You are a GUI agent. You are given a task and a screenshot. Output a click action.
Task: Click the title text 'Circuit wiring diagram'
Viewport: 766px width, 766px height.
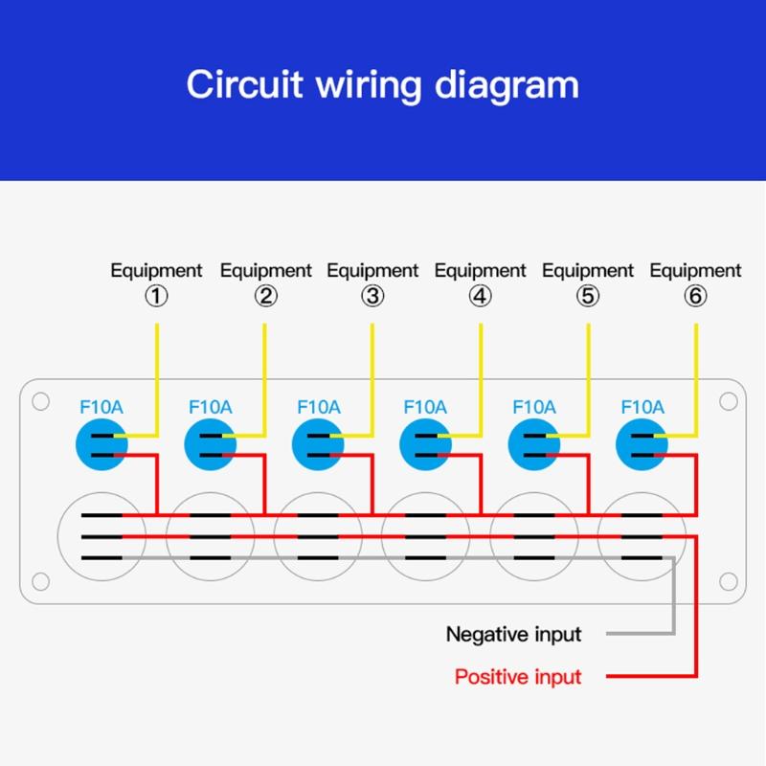tap(382, 84)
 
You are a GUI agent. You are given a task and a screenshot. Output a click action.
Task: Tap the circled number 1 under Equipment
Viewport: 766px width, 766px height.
tap(156, 296)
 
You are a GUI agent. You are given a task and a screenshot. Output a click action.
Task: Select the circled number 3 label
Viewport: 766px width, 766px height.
tap(372, 296)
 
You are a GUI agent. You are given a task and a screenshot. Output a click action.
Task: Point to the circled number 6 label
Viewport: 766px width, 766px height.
tap(695, 296)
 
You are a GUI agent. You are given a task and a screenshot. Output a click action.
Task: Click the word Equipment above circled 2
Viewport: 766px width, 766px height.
tap(265, 271)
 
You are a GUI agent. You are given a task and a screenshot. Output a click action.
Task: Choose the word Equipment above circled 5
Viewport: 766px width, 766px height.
tap(588, 271)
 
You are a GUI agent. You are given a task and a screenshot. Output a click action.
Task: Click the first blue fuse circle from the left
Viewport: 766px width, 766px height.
tap(101, 444)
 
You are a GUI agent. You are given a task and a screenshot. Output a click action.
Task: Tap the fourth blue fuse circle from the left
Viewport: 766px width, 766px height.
tap(425, 444)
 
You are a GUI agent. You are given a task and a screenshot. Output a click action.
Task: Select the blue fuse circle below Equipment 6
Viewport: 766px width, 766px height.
tap(642, 444)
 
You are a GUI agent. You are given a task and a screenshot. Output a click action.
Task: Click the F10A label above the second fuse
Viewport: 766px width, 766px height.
tap(210, 407)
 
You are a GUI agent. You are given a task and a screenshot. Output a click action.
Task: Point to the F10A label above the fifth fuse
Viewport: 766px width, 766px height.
tap(534, 407)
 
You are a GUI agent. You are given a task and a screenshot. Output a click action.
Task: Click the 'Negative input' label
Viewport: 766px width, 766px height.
tap(513, 634)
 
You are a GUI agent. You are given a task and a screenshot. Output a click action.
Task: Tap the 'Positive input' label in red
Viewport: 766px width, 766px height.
tap(517, 677)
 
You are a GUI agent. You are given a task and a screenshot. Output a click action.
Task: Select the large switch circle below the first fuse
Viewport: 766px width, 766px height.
tap(101, 536)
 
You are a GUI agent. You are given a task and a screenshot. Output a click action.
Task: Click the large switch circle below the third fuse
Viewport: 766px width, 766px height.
tap(317, 536)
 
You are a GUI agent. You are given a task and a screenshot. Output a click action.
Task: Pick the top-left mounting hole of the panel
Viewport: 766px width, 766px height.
tap(40, 401)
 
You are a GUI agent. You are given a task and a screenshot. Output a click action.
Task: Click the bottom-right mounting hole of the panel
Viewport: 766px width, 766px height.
tap(728, 580)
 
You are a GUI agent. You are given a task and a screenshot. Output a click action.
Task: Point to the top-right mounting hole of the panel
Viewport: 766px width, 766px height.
tap(728, 401)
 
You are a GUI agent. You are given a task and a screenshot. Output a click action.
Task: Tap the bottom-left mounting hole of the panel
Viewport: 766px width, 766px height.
tap(40, 580)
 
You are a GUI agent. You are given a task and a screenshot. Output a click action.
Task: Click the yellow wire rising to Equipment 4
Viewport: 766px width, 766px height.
tap(481, 373)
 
